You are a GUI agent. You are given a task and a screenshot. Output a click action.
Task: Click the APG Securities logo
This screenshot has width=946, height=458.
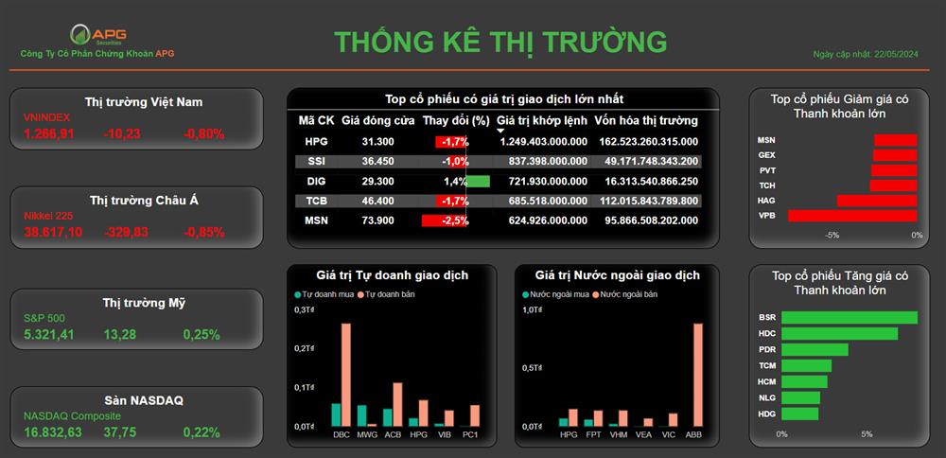98,34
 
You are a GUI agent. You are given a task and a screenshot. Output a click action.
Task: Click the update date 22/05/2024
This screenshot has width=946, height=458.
898,54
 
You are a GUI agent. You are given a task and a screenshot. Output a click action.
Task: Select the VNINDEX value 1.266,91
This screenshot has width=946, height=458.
49,134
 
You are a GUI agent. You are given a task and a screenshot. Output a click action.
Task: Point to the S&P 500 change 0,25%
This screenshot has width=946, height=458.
201,334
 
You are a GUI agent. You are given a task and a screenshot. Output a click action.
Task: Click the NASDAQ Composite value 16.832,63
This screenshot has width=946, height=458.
53,432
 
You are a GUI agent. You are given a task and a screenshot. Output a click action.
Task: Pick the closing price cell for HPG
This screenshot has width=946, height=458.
377,142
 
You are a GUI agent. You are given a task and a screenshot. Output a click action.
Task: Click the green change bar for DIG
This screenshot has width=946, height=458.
479,181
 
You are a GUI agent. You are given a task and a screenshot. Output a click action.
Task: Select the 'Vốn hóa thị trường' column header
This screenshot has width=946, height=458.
646,121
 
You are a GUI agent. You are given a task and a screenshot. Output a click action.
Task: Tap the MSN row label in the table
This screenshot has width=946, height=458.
316,220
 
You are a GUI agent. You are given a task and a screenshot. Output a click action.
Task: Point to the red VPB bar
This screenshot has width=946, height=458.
852,216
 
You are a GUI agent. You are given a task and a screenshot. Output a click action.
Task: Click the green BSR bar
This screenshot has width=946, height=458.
850,317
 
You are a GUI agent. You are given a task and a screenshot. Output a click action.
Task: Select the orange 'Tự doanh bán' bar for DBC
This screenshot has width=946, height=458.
345,376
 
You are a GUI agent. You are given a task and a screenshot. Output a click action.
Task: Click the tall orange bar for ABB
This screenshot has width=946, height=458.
698,376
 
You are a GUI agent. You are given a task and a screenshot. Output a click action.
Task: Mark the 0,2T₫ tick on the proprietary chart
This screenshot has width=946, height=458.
305,348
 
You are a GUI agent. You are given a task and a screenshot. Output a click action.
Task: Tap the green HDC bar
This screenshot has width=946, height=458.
840,333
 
